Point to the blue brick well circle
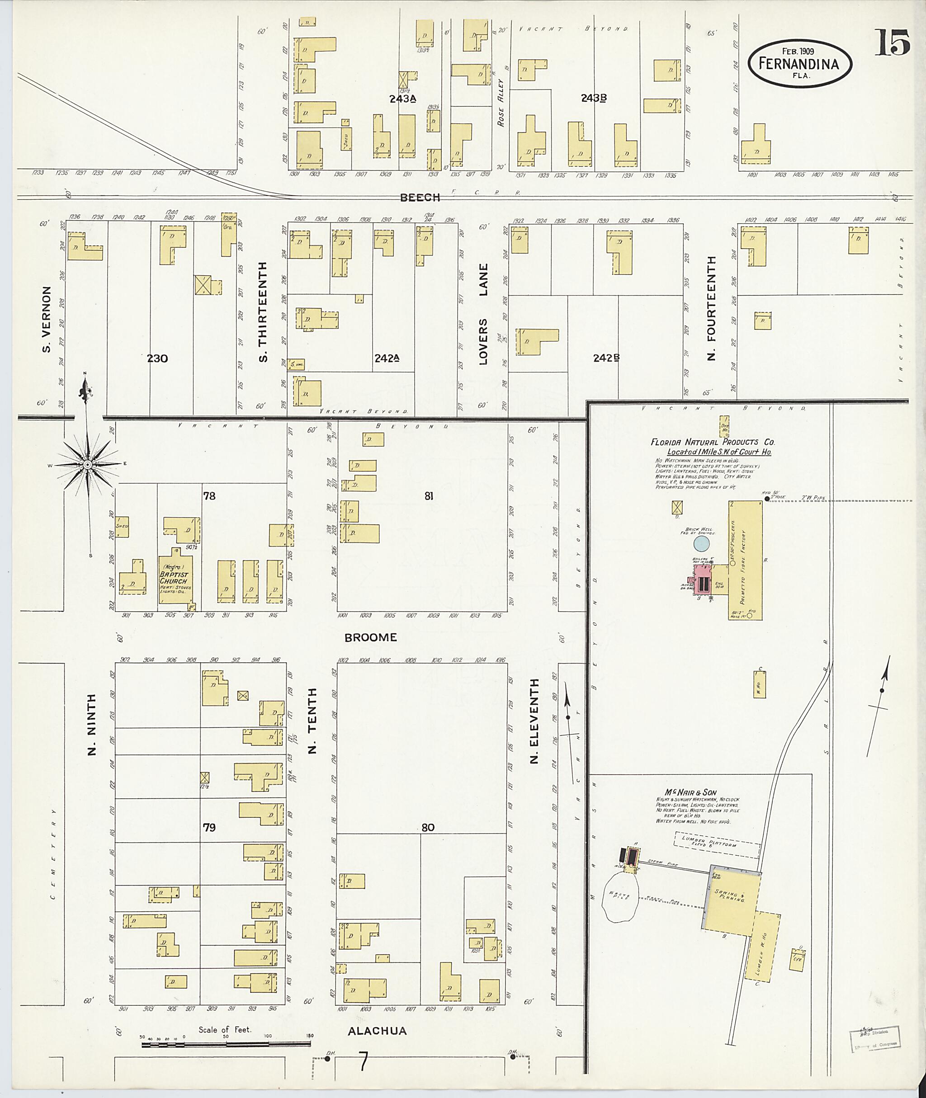coord(701,544)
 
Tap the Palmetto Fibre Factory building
coord(746,560)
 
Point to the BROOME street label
coord(370,638)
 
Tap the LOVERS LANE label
coord(483,314)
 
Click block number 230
coord(157,358)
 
